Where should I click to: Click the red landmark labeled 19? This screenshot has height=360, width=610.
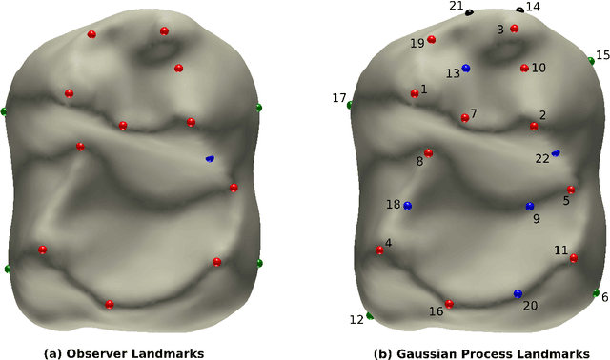click(x=432, y=40)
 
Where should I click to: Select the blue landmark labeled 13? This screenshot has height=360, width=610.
click(x=466, y=69)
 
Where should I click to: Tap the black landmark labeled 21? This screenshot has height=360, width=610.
click(x=470, y=12)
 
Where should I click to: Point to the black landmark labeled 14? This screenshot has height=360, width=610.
click(x=520, y=10)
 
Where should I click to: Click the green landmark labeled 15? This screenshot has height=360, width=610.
click(x=591, y=61)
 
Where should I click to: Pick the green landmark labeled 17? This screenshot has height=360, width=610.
click(x=350, y=105)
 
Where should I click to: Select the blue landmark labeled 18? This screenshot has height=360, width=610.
click(x=407, y=206)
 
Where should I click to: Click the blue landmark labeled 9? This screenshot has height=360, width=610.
click(x=530, y=207)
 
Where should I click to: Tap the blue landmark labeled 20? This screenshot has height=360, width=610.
click(x=518, y=294)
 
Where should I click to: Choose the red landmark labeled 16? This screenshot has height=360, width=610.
click(x=449, y=305)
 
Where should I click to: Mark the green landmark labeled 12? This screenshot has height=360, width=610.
click(x=370, y=316)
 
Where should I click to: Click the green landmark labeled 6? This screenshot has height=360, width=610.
click(x=596, y=292)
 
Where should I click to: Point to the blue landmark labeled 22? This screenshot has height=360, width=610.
click(x=556, y=152)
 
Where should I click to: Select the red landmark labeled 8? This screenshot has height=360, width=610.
click(x=428, y=152)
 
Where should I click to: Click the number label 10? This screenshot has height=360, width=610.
click(x=539, y=68)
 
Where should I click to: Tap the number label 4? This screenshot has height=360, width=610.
click(x=388, y=243)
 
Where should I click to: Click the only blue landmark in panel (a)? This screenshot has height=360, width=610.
click(x=210, y=159)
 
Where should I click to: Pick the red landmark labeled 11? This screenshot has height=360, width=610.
click(x=574, y=258)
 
